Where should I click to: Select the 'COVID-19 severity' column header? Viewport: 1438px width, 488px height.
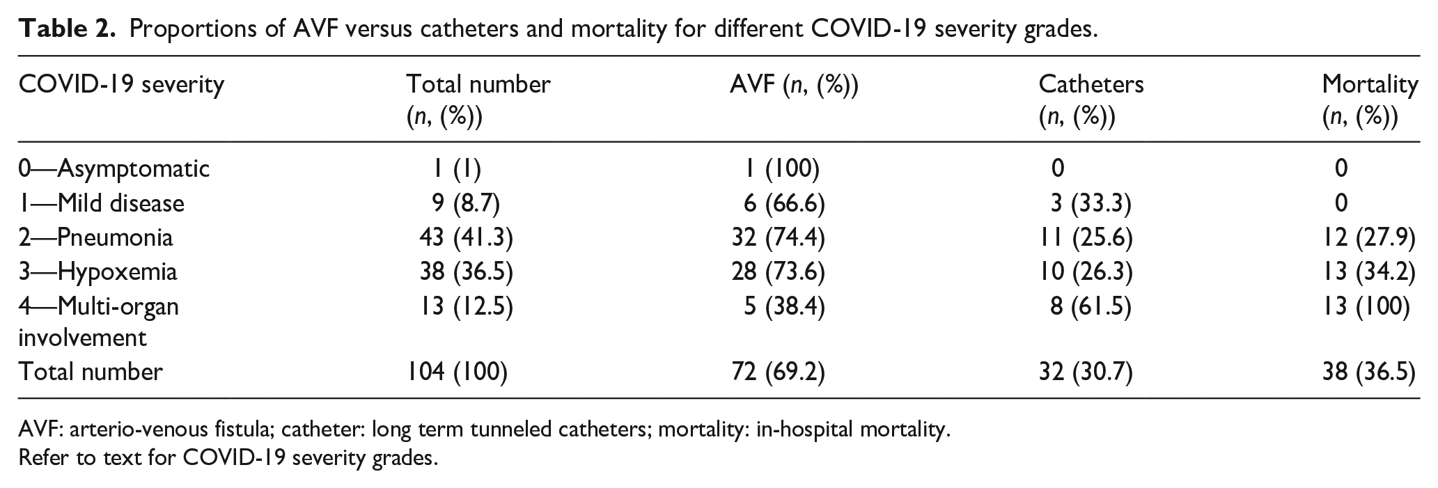pyautogui.click(x=122, y=84)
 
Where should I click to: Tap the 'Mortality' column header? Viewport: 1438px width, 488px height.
pyautogui.click(x=1370, y=85)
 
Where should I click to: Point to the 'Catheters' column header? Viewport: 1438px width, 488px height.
pyautogui.click(x=1091, y=84)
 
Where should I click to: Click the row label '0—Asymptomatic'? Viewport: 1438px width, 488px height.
pyautogui.click(x=114, y=168)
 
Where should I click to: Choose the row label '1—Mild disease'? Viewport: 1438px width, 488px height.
pyautogui.click(x=102, y=203)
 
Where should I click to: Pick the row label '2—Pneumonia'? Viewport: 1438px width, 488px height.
pyautogui.click(x=96, y=237)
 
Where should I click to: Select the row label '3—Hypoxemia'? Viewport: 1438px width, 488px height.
pyautogui.click(x=98, y=271)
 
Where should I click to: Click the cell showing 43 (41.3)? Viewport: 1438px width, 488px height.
pyautogui.click(x=466, y=237)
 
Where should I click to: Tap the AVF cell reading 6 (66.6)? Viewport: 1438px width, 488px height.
pyautogui.click(x=784, y=203)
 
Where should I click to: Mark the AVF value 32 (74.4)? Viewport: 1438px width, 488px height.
pyautogui.click(x=778, y=237)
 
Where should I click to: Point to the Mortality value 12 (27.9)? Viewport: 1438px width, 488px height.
pyautogui.click(x=1369, y=237)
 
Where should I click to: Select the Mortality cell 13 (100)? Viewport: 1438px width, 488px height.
pyautogui.click(x=1366, y=306)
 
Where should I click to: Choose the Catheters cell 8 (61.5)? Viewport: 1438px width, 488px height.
pyautogui.click(x=1091, y=306)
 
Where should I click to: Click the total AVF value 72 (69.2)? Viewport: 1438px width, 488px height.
pyautogui.click(x=778, y=372)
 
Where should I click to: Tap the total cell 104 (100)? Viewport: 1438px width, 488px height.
pyautogui.click(x=458, y=372)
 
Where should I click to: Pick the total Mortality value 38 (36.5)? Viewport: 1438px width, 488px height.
pyautogui.click(x=1369, y=372)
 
